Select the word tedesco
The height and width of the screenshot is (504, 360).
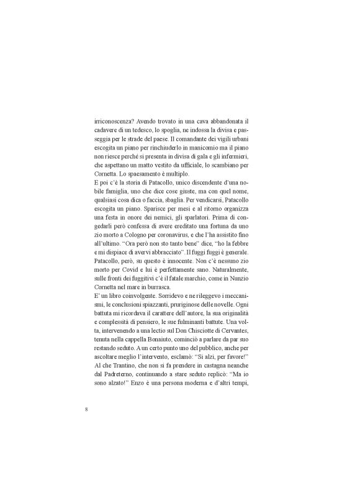[177, 132]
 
